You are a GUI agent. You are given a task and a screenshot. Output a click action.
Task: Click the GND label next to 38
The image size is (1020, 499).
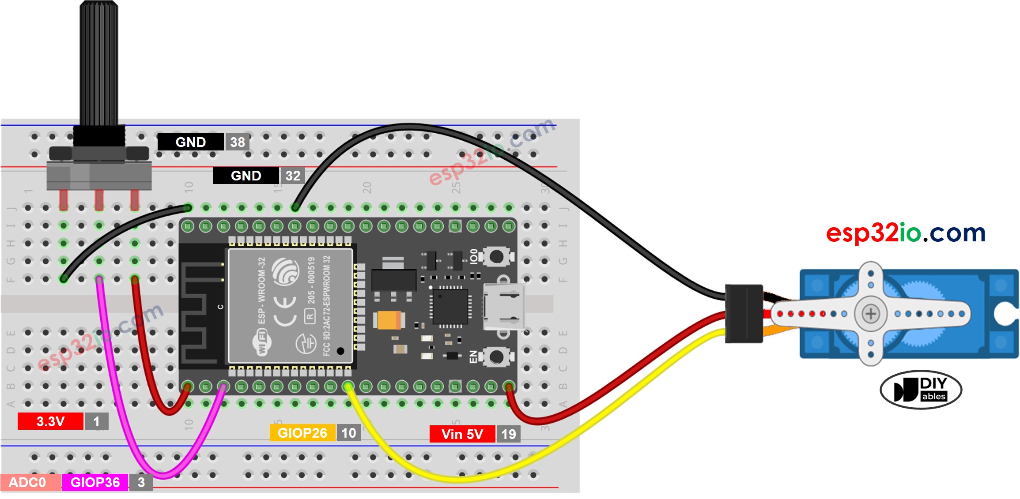tap(190, 142)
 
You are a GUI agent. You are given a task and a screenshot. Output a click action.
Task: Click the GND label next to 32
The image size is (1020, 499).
tap(246, 176)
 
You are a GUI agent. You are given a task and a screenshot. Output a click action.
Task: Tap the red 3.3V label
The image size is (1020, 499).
tap(50, 421)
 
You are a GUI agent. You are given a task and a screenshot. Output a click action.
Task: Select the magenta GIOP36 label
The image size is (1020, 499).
tap(95, 482)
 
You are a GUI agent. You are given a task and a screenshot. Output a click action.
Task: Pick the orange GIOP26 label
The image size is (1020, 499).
tap(302, 433)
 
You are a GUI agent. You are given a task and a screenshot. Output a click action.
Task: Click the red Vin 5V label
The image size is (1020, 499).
tap(462, 434)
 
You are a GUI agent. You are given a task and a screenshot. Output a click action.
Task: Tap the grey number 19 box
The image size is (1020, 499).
tap(508, 434)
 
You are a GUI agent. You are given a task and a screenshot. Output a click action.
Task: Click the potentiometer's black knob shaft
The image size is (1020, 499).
tap(99, 62)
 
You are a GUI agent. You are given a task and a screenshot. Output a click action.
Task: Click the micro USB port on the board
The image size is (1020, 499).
tap(504, 307)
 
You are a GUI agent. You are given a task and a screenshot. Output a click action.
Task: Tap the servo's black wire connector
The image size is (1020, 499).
tap(744, 314)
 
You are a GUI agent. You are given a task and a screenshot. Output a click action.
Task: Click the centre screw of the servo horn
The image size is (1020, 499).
tap(870, 314)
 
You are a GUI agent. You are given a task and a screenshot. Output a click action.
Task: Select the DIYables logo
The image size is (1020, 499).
tap(921, 390)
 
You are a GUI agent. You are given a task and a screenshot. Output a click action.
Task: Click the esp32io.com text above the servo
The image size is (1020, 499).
tap(905, 233)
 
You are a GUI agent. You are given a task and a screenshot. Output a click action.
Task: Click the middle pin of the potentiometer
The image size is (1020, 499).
tap(99, 200)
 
